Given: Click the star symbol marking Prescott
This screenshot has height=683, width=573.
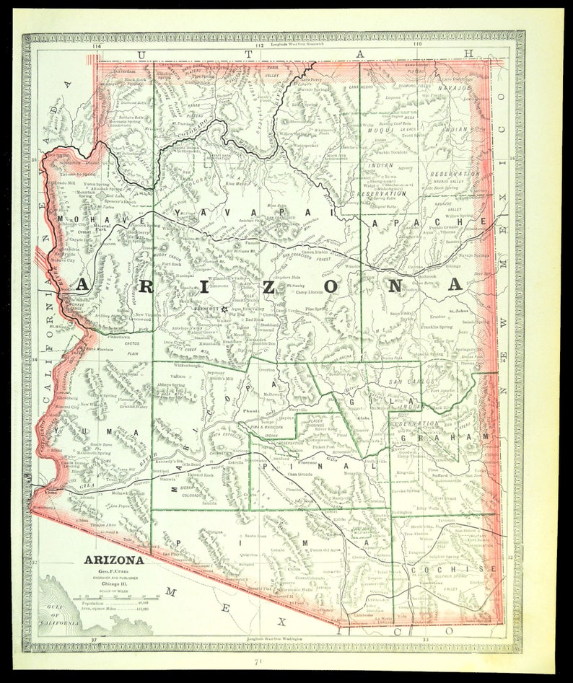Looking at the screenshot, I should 224,309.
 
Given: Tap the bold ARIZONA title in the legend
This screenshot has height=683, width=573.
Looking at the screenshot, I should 113,559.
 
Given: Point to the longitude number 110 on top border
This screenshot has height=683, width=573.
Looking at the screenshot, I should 416,45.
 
